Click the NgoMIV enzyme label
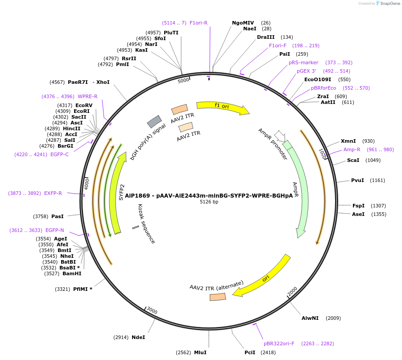[x=243, y=23]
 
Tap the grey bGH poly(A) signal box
[x=154, y=121]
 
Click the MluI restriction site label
[x=200, y=352]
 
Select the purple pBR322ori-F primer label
[x=279, y=343]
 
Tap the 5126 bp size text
[x=209, y=202]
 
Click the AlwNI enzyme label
[x=310, y=318]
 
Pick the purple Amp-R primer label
[x=352, y=149]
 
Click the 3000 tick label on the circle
[x=152, y=310]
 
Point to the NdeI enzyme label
[x=138, y=337]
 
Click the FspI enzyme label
[x=358, y=206]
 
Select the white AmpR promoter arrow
[x=280, y=135]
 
